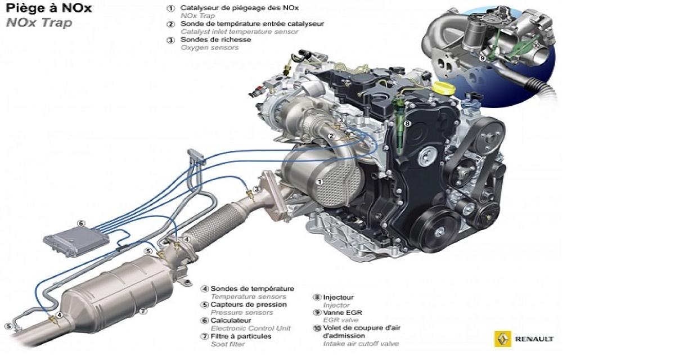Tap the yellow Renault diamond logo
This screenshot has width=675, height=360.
(503, 339)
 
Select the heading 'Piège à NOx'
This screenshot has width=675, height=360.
(48, 8)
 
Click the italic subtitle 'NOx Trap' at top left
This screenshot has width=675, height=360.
(39, 23)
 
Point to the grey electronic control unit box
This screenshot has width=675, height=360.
(76, 241)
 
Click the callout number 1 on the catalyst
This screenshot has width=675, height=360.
(319, 182)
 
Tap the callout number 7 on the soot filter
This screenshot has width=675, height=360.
(143, 311)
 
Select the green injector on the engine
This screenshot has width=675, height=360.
(399, 126)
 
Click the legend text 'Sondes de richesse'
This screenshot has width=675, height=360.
(216, 39)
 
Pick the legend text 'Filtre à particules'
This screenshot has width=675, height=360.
(241, 336)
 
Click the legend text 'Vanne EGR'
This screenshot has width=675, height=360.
(343, 313)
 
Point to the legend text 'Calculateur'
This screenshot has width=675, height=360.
(231, 320)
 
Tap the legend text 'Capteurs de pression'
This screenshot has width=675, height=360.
(249, 304)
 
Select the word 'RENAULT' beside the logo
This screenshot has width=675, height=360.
(534, 339)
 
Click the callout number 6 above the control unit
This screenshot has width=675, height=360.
(81, 223)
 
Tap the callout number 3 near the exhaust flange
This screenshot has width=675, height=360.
(256, 189)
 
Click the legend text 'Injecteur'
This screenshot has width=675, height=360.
(339, 298)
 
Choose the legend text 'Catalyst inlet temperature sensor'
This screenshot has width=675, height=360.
(240, 31)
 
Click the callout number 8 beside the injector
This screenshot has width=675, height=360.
(408, 123)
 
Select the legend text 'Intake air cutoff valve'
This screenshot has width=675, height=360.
(361, 344)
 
